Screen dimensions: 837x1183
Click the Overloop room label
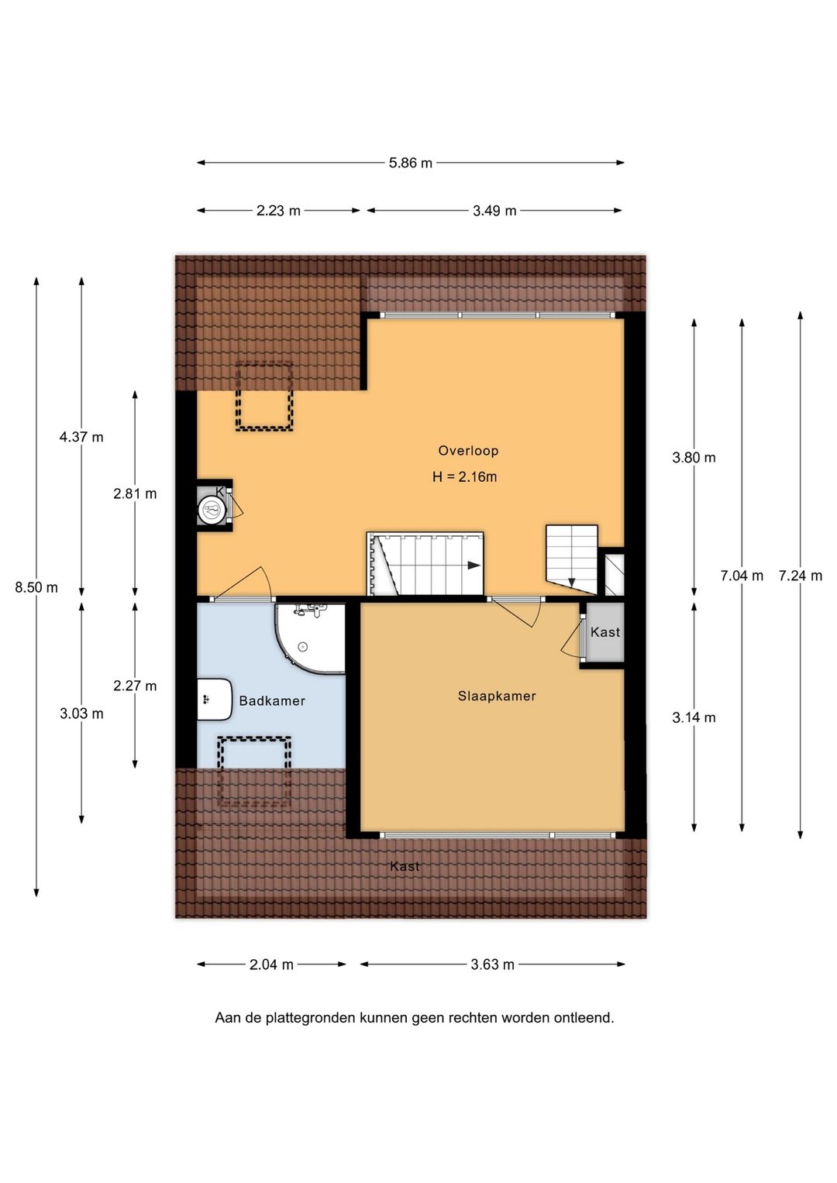468,450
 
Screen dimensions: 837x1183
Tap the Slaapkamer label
497,696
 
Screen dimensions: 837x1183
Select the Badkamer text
272,701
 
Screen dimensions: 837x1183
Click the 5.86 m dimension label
411,163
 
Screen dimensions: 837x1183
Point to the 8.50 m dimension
36,587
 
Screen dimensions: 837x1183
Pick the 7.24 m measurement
801,576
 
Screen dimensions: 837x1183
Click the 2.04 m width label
271,965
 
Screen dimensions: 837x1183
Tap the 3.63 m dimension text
492,965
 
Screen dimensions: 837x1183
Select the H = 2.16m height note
464,477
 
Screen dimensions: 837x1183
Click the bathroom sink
215,700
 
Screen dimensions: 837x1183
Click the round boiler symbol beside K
212,511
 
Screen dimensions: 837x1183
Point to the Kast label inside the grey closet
605,632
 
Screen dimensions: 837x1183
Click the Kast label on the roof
405,866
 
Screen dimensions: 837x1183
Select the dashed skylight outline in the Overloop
264,396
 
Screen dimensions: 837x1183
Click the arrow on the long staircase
474,566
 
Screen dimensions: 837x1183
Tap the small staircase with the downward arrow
572,559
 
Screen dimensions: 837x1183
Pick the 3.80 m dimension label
694,457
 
